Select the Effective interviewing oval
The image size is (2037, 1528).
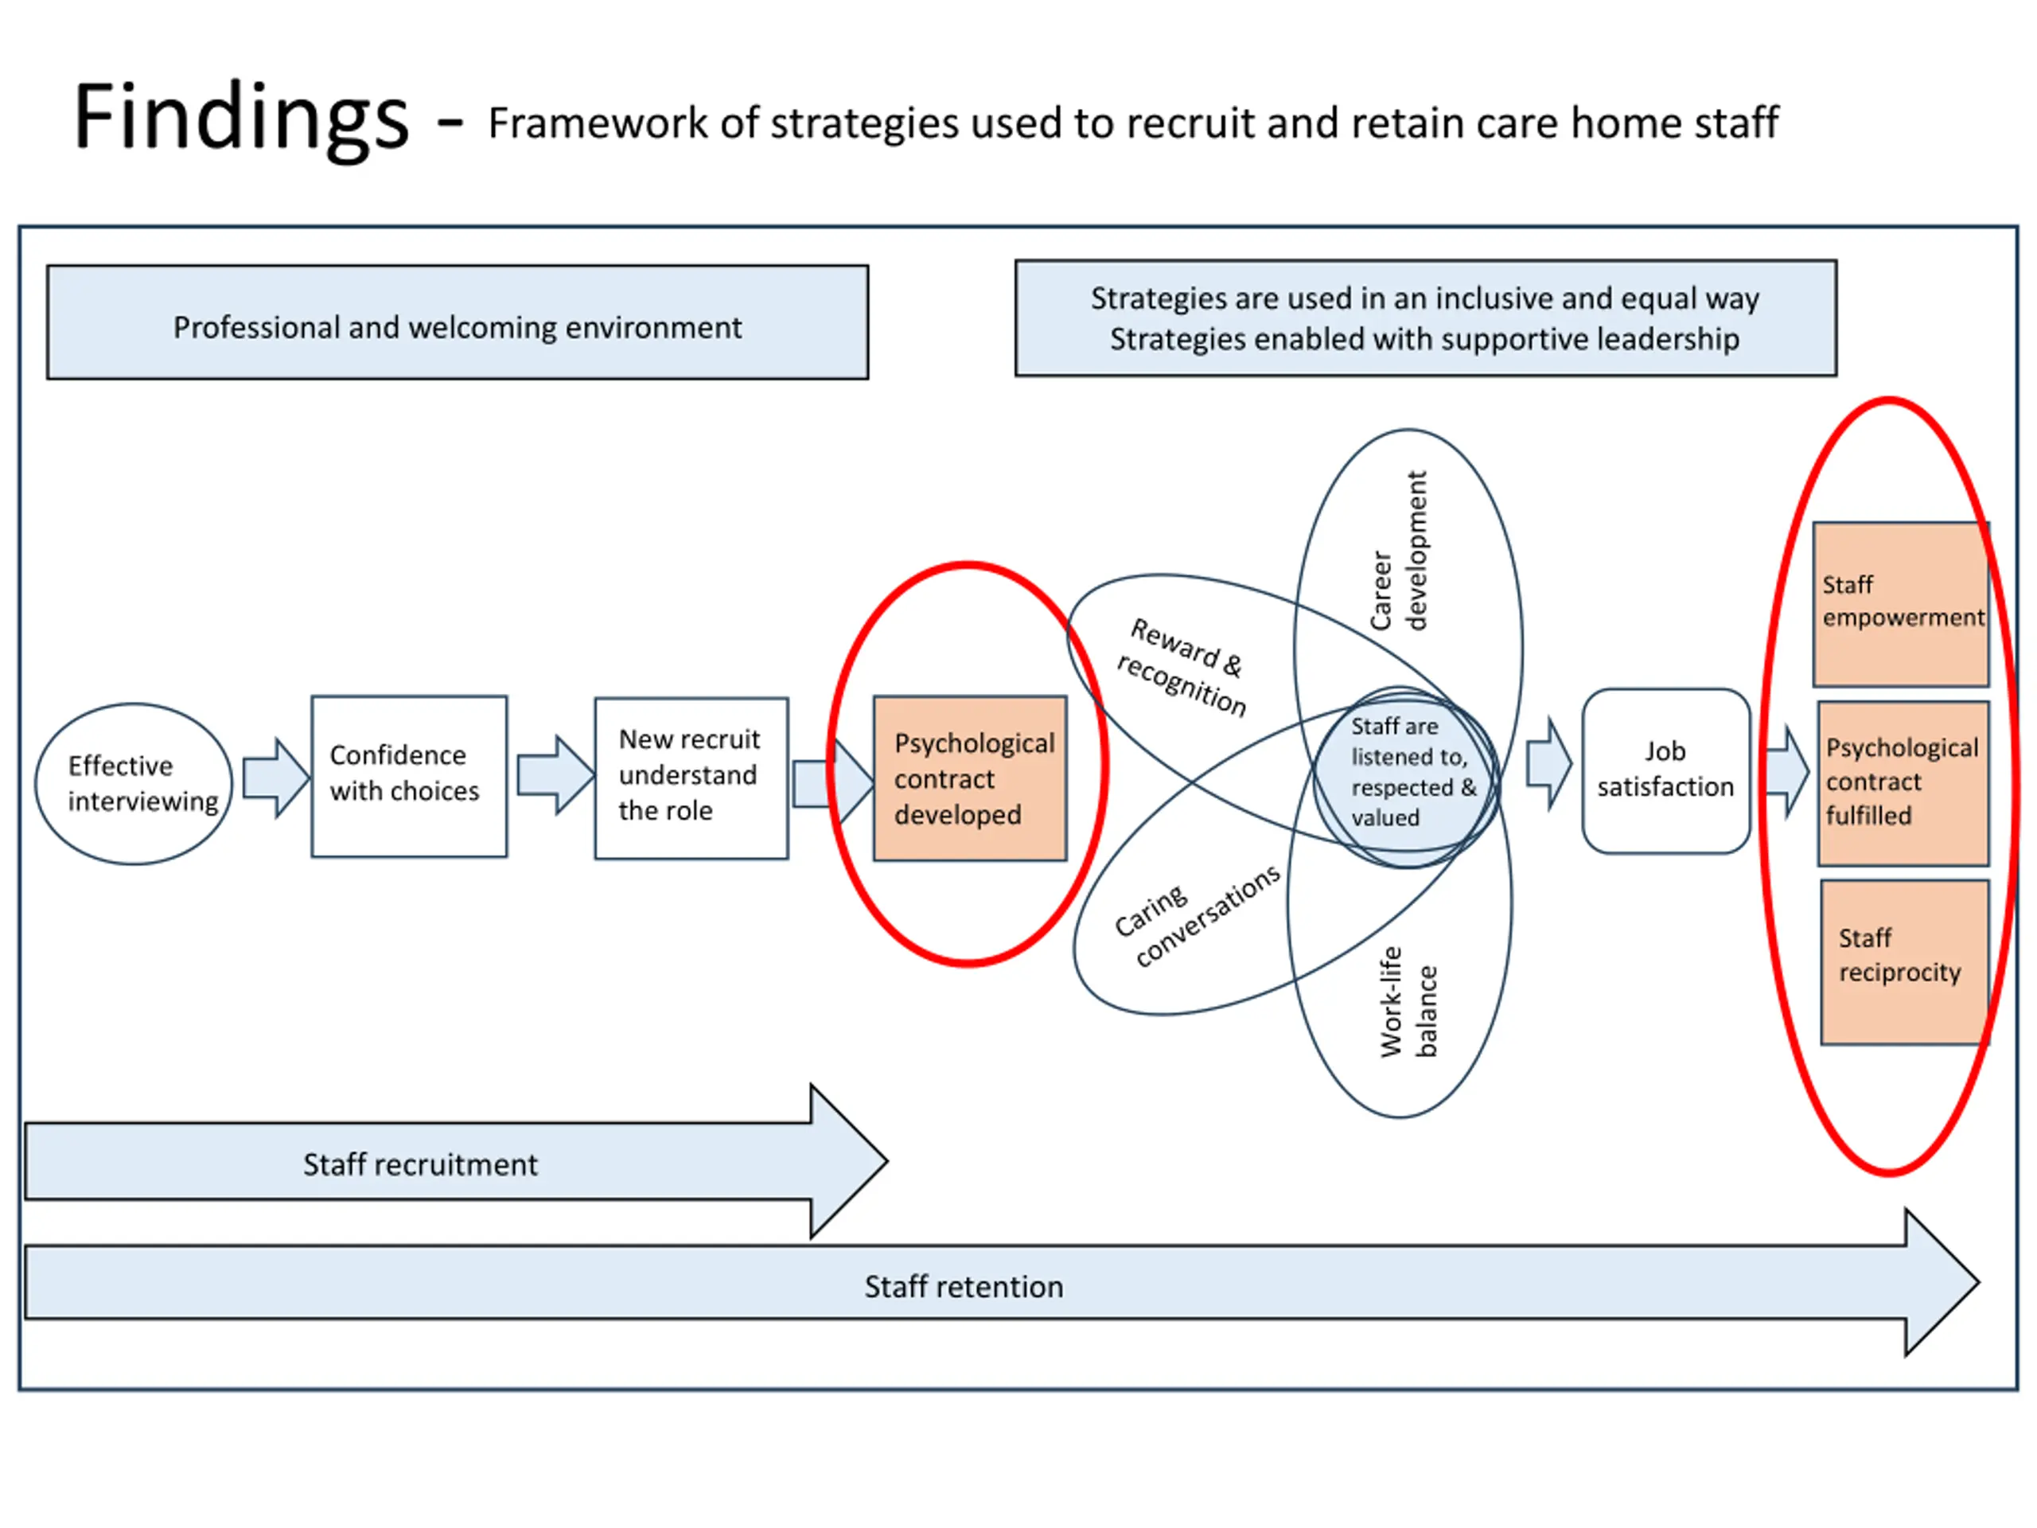134,784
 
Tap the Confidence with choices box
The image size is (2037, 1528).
409,777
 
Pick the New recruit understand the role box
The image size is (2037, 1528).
691,778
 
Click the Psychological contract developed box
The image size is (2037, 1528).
970,778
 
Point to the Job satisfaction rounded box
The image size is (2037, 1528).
1666,771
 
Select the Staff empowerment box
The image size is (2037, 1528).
1901,604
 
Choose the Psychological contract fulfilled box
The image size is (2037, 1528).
1903,783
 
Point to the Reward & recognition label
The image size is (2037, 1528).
1182,667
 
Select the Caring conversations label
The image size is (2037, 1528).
1196,914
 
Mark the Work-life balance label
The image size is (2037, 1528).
1408,1002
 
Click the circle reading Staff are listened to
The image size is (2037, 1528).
1405,778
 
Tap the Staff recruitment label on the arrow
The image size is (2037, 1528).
420,1164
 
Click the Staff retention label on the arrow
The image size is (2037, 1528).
964,1286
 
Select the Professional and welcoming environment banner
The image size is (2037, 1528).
458,322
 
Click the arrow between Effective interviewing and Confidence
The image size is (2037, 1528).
275,778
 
